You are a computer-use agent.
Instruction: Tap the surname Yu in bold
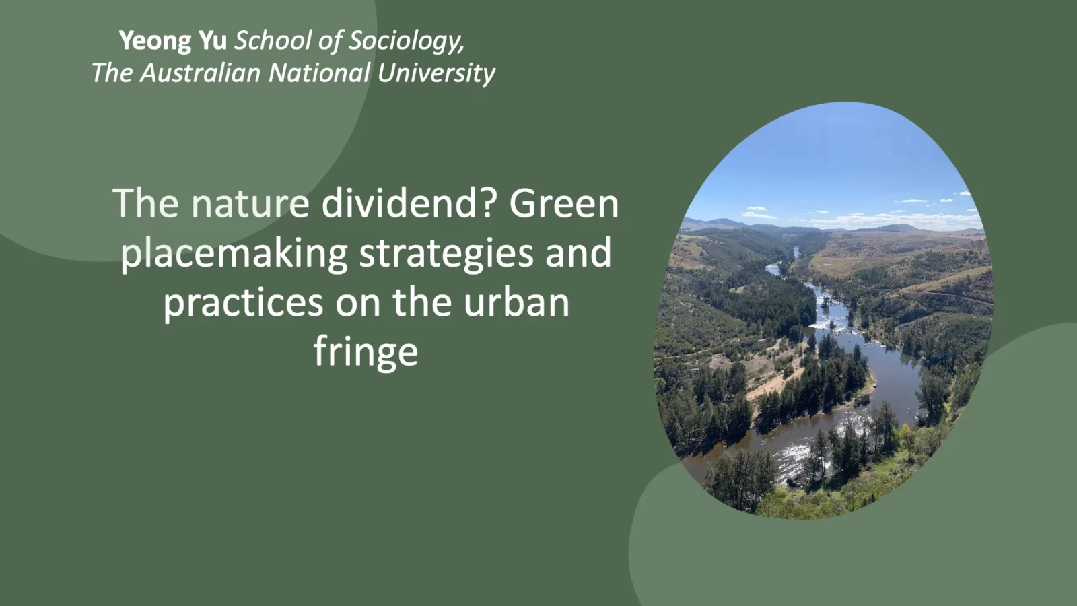(x=213, y=40)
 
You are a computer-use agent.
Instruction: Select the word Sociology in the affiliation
(x=407, y=41)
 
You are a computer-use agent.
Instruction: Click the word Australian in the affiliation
(x=200, y=73)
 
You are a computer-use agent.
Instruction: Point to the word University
(x=436, y=74)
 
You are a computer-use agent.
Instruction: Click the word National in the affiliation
(x=319, y=73)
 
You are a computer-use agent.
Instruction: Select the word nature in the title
(x=250, y=204)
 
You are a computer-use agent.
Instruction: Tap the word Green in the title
(x=564, y=204)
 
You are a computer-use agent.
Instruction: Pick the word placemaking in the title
(x=234, y=254)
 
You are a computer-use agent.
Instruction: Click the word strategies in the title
(x=446, y=254)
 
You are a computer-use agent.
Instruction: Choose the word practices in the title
(x=243, y=304)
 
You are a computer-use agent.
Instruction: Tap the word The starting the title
(x=145, y=203)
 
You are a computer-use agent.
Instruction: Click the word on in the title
(x=357, y=304)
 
